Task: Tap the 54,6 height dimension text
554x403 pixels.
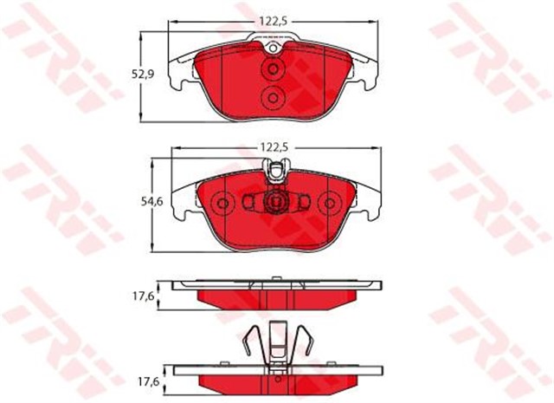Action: pyautogui.click(x=152, y=201)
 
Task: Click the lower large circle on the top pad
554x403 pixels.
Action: pyautogui.click(x=273, y=98)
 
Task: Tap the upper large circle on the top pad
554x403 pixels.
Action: pyautogui.click(x=273, y=69)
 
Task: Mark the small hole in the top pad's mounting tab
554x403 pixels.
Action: pyautogui.click(x=273, y=49)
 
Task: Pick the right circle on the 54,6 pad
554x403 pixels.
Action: pyautogui.click(x=328, y=205)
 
